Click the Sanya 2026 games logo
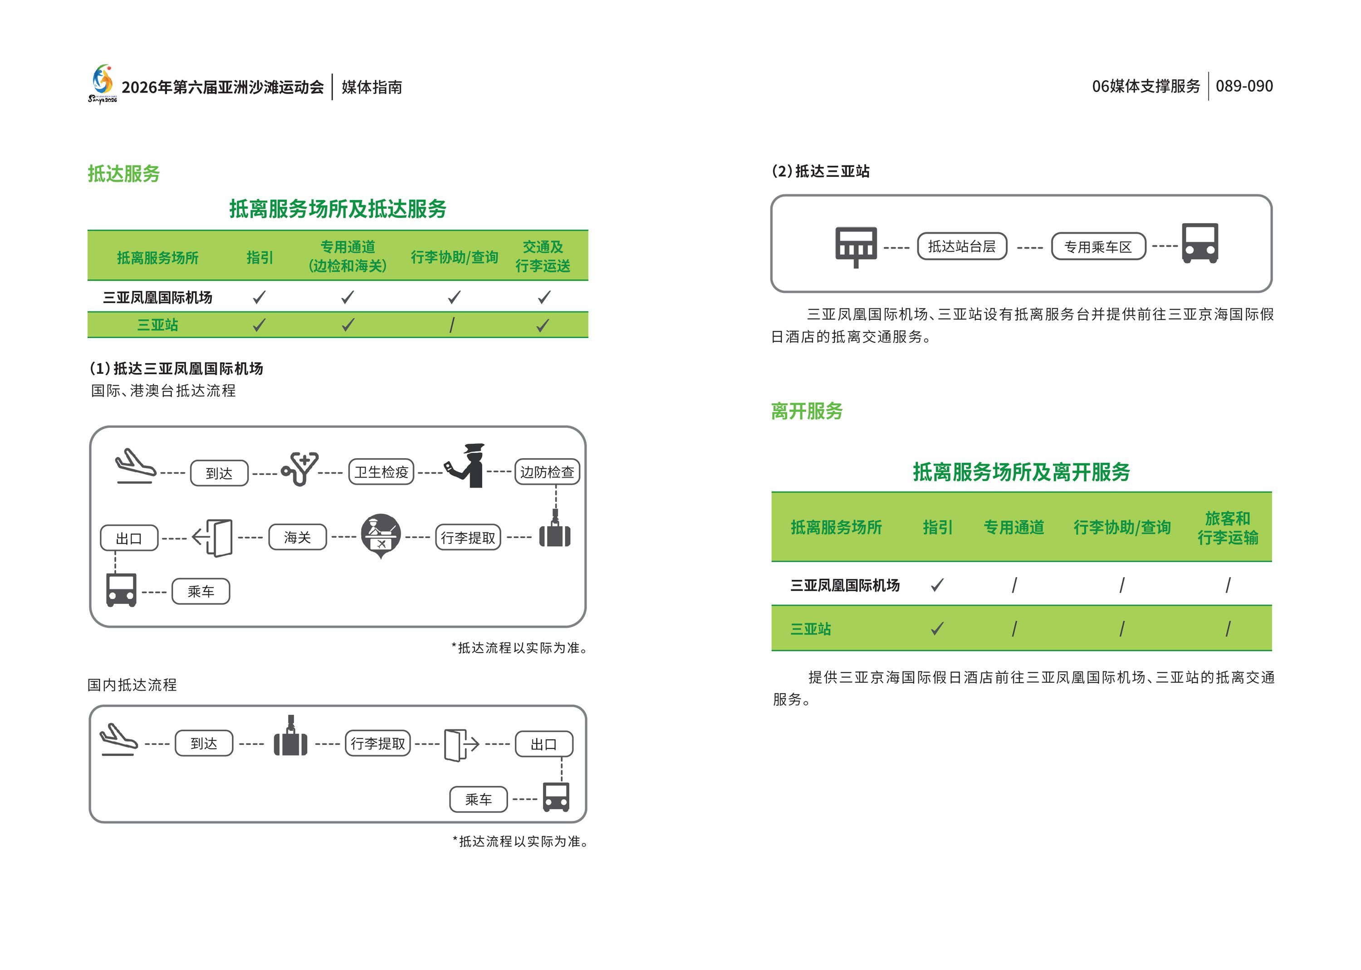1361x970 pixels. pos(103,83)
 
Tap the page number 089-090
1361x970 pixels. pos(1244,86)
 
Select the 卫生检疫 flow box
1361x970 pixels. pos(381,472)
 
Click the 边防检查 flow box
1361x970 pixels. pos(546,472)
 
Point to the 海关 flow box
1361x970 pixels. pos(298,537)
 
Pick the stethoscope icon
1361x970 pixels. pos(300,469)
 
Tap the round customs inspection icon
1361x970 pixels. pos(381,534)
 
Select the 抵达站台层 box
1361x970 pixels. pos(961,246)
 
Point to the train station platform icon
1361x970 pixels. pos(856,246)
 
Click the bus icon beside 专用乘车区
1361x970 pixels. pos(1200,243)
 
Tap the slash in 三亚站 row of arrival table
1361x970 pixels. pos(452,325)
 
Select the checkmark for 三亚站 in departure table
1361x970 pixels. pos(937,628)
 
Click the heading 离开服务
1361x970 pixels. pos(806,411)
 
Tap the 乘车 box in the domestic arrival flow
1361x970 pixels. pos(478,799)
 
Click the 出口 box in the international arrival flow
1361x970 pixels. pos(129,538)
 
